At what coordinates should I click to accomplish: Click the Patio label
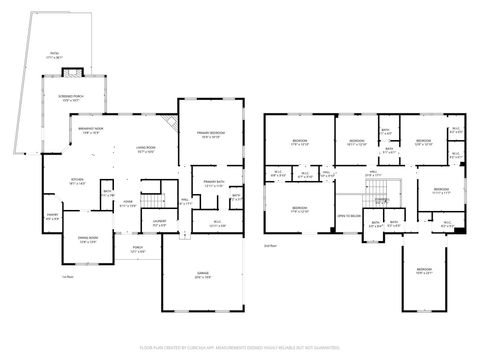(x=55, y=57)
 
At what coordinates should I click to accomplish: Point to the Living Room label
(x=145, y=150)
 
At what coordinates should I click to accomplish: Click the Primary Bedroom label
(x=209, y=136)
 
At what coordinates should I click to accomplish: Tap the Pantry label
(x=53, y=217)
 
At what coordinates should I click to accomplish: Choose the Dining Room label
(x=88, y=240)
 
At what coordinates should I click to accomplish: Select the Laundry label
(x=159, y=225)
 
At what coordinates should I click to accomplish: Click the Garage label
(x=202, y=276)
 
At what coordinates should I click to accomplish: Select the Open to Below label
(x=349, y=217)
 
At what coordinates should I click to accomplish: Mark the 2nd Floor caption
(x=269, y=245)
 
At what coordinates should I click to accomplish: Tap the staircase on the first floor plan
(x=152, y=188)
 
